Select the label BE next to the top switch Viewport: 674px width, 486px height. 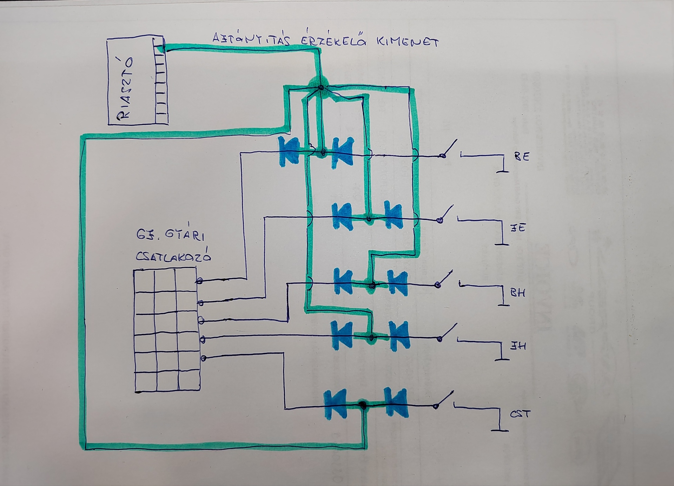click(522, 157)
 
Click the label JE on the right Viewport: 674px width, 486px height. click(518, 228)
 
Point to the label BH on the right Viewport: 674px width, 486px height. click(517, 293)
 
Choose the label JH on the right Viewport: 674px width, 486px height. click(518, 346)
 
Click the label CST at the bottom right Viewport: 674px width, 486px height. click(520, 414)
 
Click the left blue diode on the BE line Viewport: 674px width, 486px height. click(289, 151)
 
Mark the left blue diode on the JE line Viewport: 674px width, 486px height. click(342, 217)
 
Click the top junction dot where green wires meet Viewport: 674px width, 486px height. click(321, 87)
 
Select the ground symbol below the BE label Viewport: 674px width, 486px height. click(503, 171)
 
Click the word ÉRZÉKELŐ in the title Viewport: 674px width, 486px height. click(329, 41)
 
